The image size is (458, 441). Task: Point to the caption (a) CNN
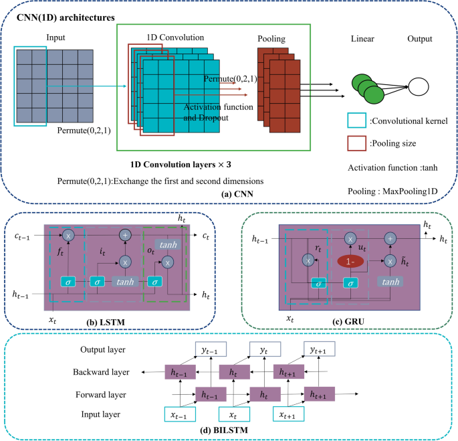click(228, 195)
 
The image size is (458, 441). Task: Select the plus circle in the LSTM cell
click(124, 235)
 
